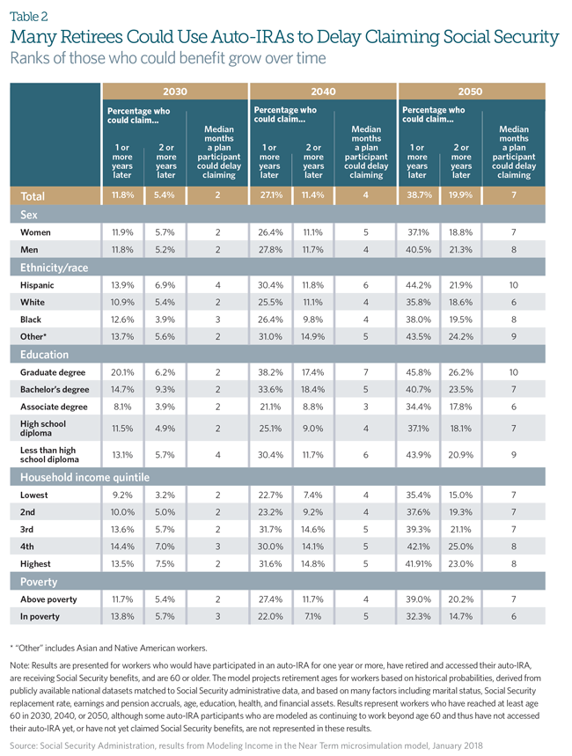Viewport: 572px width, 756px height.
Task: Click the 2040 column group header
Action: [x=322, y=91]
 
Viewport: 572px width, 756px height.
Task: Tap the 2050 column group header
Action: [x=470, y=91]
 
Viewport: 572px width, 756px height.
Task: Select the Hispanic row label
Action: [x=37, y=286]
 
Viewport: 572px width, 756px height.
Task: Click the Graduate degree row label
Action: [x=53, y=372]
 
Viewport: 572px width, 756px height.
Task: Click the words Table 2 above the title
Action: [x=29, y=16]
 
